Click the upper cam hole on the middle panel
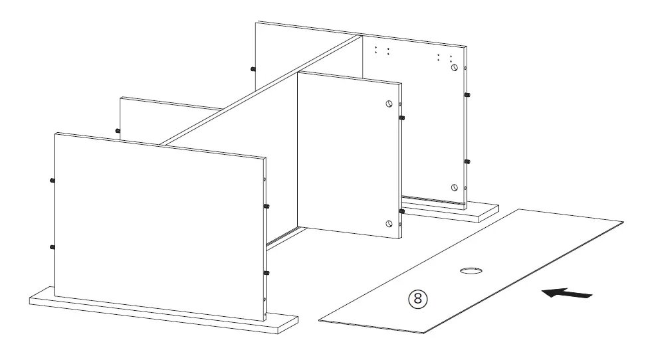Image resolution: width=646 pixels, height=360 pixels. (x=389, y=104)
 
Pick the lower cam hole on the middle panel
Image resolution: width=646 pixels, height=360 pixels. (x=389, y=223)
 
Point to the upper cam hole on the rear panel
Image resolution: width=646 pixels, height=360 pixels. (x=454, y=68)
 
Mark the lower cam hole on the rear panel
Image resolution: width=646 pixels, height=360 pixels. (x=454, y=187)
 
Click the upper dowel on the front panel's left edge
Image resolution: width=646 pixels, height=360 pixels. (x=52, y=180)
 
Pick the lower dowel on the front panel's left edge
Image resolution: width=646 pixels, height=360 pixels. (x=52, y=246)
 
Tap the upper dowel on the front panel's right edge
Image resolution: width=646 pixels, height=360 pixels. (x=267, y=207)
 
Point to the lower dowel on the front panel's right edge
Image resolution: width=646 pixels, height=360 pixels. (x=267, y=273)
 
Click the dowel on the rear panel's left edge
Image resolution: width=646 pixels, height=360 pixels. (x=253, y=68)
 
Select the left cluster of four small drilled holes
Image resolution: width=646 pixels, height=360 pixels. (x=381, y=50)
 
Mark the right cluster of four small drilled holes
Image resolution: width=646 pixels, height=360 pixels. (x=445, y=57)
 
